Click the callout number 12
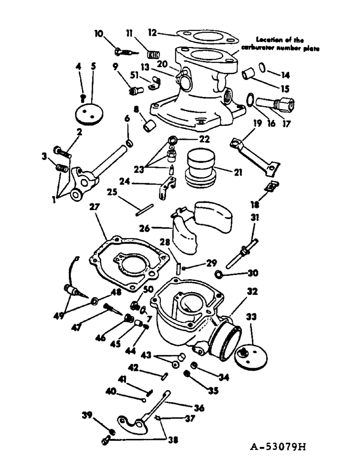tap(152, 32)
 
